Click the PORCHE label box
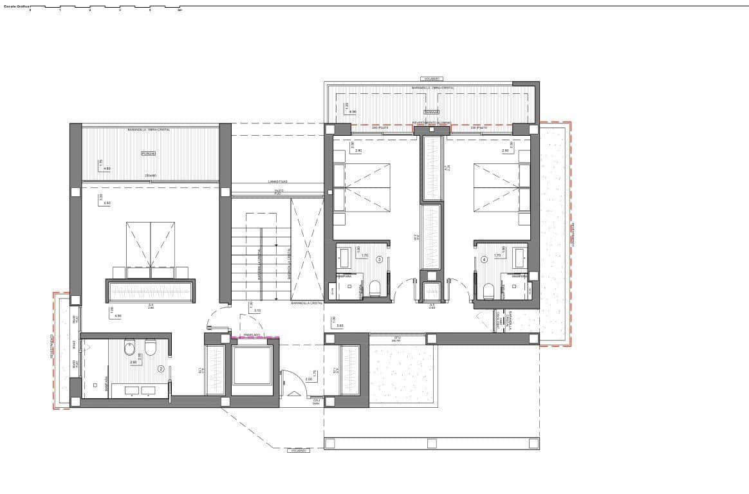149,154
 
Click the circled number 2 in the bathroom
161,369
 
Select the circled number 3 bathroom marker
380,260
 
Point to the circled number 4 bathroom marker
484,260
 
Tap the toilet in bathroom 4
488,290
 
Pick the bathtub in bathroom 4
521,258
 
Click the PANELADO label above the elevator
252,335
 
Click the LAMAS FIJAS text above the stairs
278,181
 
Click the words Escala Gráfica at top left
15,6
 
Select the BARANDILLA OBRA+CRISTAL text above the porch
149,129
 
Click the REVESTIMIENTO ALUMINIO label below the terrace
432,122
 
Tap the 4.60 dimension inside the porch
107,169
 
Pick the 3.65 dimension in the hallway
340,326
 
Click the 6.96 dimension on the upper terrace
353,112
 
